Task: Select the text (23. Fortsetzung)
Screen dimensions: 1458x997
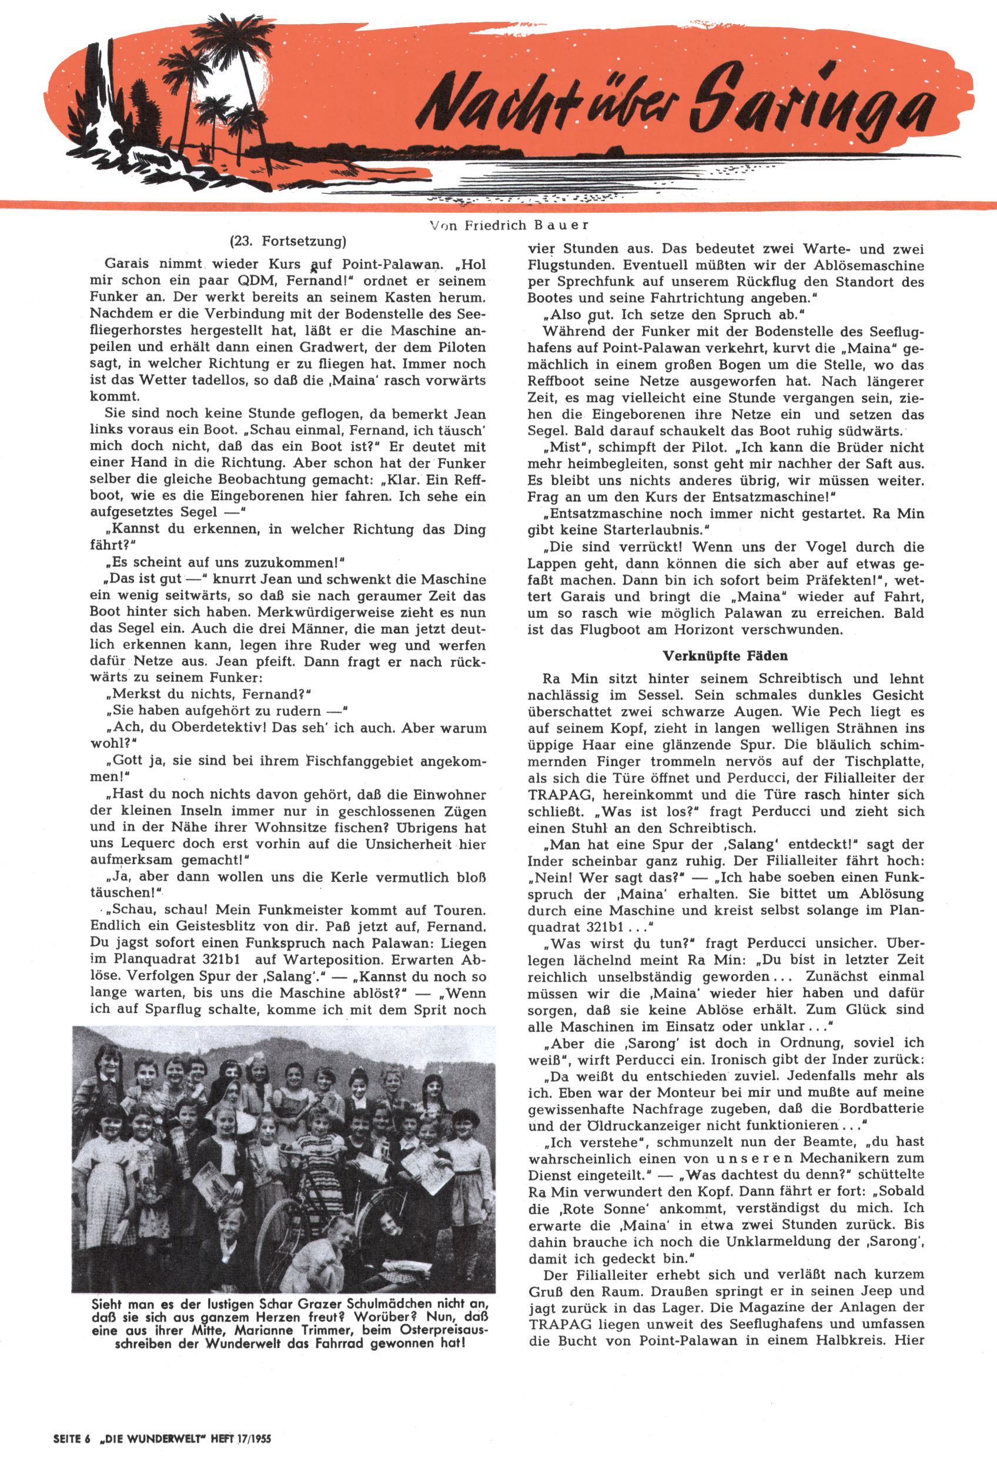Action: coord(288,240)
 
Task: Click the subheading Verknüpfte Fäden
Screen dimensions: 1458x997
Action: coord(725,656)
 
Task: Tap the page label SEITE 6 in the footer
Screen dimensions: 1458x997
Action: coord(68,1436)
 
